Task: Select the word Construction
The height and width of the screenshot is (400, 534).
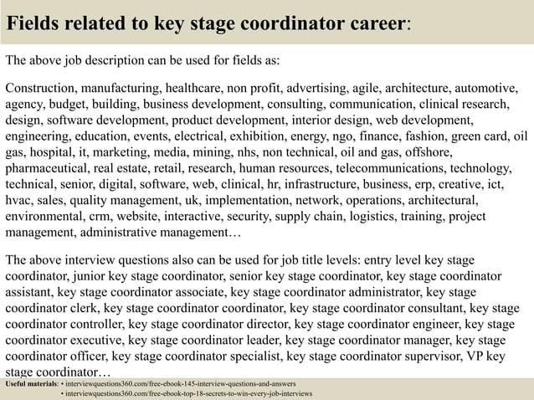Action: click(x=42, y=89)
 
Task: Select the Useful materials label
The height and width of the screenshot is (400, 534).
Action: click(x=31, y=383)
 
